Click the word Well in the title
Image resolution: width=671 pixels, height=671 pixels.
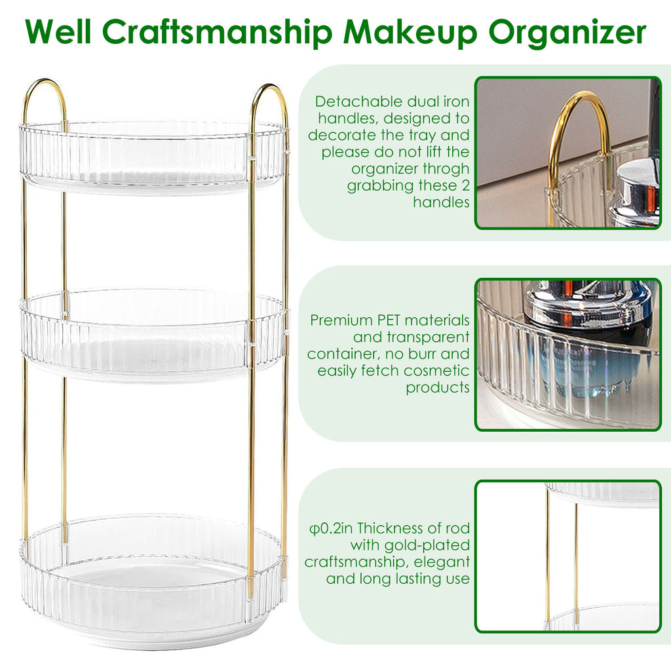[58, 31]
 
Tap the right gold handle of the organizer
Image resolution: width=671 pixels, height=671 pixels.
[269, 103]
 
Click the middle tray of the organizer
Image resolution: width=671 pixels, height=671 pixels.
[153, 335]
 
